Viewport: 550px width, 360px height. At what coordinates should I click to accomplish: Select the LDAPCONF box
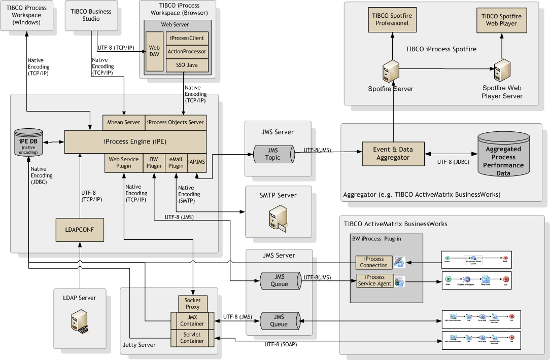tap(79, 230)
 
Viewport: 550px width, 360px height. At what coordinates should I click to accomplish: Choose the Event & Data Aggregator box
tap(393, 153)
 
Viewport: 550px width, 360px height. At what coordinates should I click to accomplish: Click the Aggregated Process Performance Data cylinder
tap(503, 156)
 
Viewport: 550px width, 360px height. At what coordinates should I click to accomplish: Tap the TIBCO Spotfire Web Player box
tap(501, 19)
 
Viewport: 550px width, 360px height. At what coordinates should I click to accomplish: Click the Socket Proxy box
tap(193, 303)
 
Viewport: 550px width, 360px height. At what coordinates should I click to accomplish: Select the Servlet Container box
tap(192, 338)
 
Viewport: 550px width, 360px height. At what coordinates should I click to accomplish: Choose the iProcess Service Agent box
tap(374, 280)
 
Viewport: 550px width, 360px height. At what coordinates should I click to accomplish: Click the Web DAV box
tap(154, 51)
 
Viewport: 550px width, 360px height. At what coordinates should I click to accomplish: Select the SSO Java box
tap(187, 65)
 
